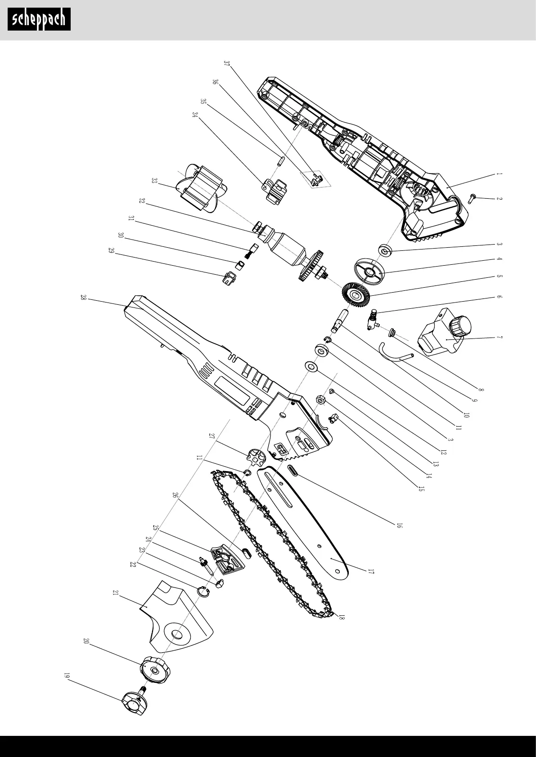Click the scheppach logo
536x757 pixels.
pyautogui.click(x=39, y=20)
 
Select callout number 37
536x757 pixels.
pyautogui.click(x=226, y=63)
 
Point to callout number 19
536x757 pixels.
pyautogui.click(x=67, y=676)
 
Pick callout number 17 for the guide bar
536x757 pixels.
pyautogui.click(x=371, y=572)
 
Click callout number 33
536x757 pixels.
pyautogui.click(x=154, y=181)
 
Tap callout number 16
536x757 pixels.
pyautogui.click(x=399, y=525)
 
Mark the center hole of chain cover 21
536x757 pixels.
pyautogui.click(x=177, y=634)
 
